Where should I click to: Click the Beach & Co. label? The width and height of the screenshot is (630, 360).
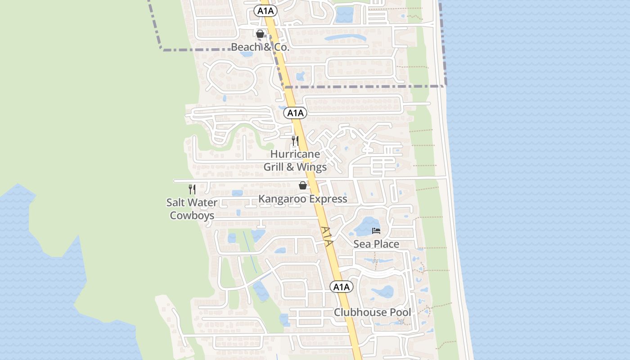click(x=260, y=47)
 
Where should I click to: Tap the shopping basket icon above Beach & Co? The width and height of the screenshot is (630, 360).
click(x=260, y=34)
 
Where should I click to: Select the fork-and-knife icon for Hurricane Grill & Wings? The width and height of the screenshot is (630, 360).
click(x=295, y=141)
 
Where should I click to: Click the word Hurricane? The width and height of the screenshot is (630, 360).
click(x=295, y=154)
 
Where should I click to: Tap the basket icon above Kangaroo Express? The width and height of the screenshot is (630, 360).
click(x=303, y=185)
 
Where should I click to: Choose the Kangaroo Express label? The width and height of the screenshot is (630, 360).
click(x=303, y=199)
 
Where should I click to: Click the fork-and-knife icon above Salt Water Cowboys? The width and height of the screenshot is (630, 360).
click(x=192, y=189)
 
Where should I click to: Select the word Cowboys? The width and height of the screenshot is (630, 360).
click(x=192, y=216)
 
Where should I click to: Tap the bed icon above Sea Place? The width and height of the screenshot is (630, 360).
click(x=376, y=231)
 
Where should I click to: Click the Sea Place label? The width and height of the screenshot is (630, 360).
click(x=376, y=244)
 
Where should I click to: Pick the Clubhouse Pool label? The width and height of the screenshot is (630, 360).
click(x=372, y=312)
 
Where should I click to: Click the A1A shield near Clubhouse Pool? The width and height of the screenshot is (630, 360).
click(x=342, y=287)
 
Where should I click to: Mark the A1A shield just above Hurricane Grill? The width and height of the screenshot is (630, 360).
click(x=295, y=113)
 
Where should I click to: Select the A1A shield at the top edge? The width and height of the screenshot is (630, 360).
click(x=265, y=11)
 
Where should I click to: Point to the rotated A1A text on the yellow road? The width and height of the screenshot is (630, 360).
click(x=327, y=236)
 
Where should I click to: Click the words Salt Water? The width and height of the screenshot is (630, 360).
click(x=192, y=202)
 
